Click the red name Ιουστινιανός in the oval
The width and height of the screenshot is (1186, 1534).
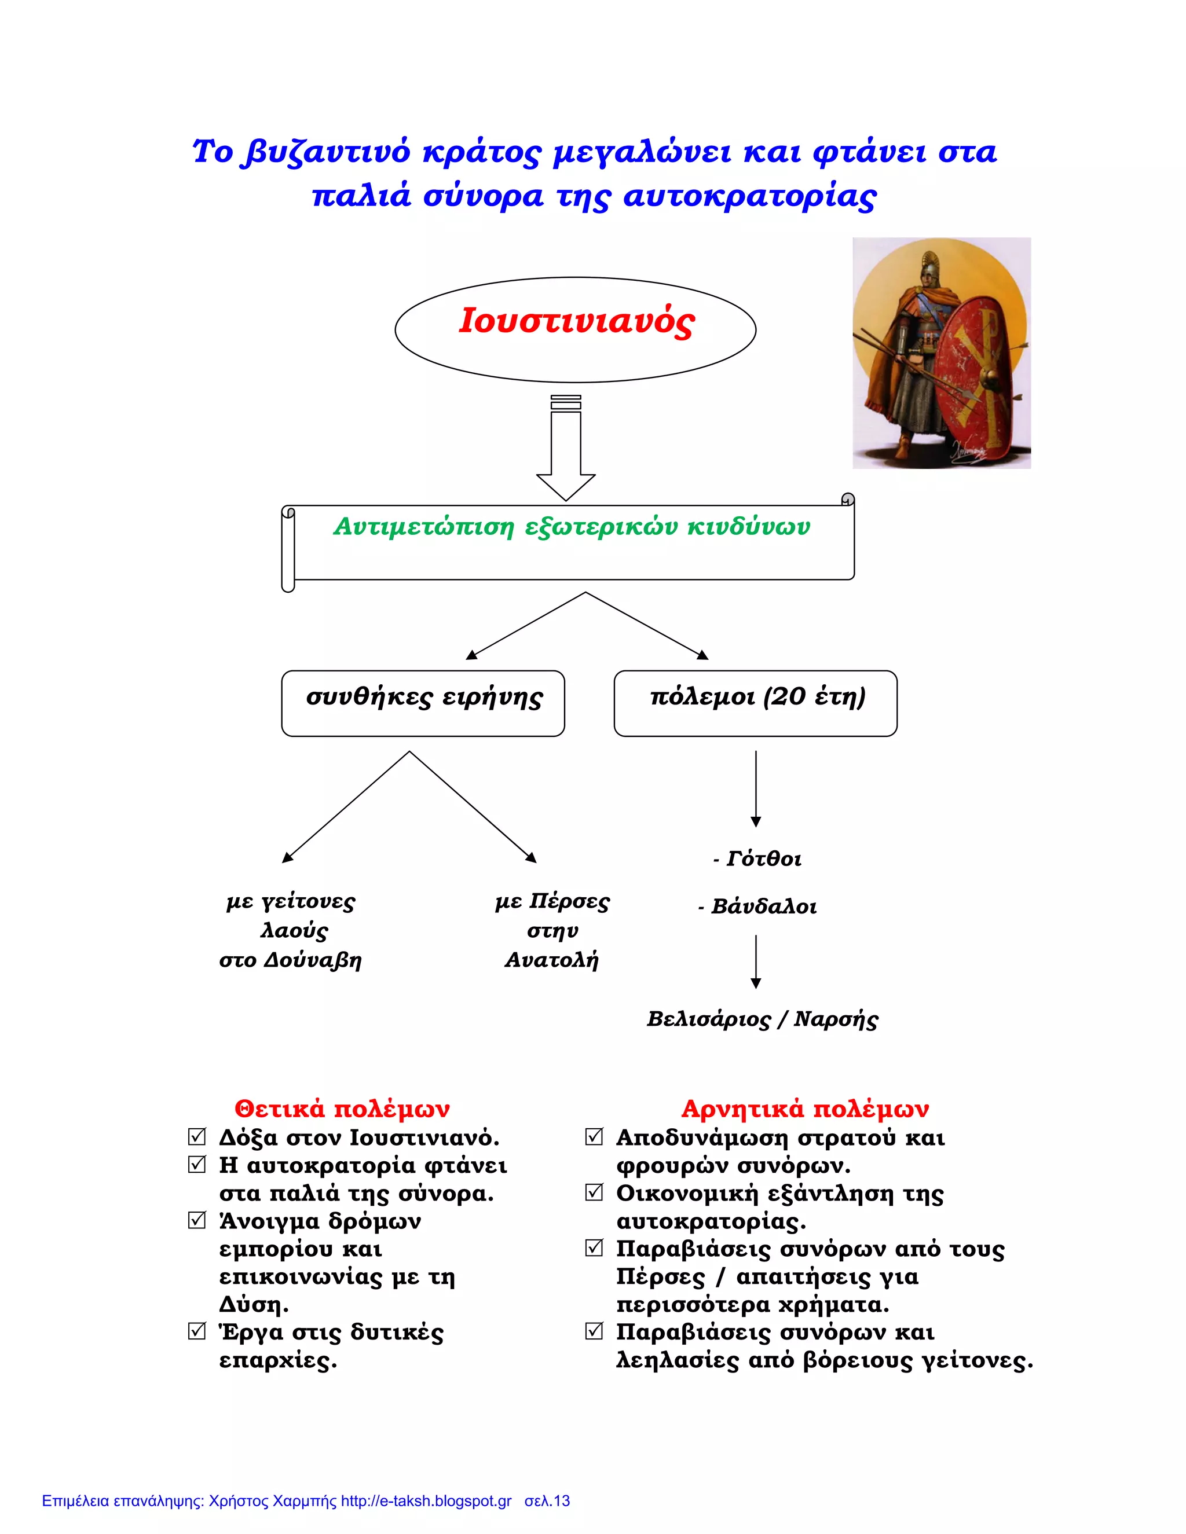[576, 321]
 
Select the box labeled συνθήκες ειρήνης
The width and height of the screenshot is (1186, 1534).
[423, 703]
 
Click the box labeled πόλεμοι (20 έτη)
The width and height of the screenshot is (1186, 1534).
[755, 703]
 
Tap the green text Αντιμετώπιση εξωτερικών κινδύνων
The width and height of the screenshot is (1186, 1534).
[571, 526]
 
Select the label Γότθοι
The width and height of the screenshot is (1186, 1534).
[763, 859]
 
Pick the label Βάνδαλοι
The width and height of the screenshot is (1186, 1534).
[763, 907]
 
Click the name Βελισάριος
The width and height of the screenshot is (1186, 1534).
[708, 1019]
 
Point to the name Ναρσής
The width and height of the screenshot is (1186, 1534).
[836, 1019]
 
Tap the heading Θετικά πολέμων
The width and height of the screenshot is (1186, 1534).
[342, 1109]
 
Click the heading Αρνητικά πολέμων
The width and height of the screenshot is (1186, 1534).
[805, 1109]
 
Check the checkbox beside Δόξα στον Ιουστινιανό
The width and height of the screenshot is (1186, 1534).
[197, 1136]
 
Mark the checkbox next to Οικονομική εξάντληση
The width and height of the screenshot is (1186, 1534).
[594, 1192]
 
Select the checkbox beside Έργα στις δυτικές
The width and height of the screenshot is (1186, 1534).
[197, 1331]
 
